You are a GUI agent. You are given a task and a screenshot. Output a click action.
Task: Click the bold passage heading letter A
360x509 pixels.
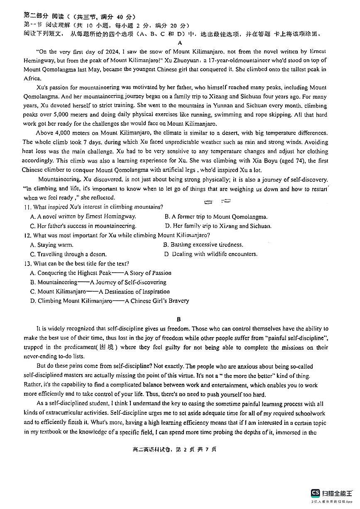point(180,43)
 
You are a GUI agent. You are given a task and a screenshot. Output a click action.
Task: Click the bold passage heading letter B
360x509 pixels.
point(179,319)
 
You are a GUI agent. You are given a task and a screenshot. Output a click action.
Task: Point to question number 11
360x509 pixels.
point(27,207)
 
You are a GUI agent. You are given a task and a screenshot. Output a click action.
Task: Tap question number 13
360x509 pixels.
point(27,263)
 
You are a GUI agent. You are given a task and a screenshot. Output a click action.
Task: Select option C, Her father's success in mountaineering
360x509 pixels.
point(83,226)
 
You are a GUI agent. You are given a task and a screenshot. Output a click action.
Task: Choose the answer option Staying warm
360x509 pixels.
point(49,245)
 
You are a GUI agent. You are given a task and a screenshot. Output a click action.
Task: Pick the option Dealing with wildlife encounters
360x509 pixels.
point(211,254)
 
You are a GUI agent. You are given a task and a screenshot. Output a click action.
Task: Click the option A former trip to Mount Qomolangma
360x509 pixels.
point(216,217)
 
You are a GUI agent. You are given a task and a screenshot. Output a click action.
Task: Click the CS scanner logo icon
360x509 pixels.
point(316,493)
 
